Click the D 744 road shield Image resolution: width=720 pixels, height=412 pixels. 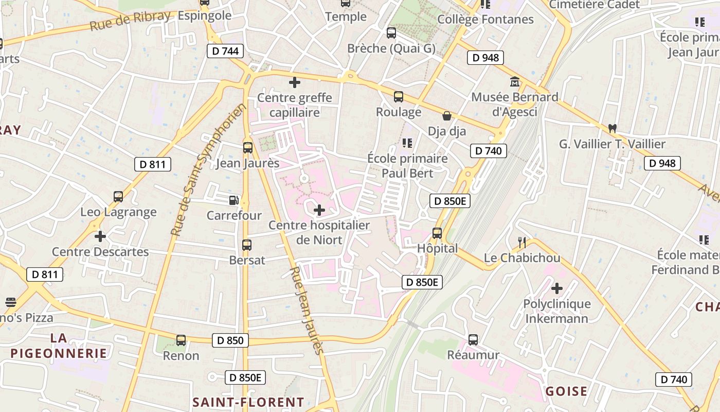[225, 51]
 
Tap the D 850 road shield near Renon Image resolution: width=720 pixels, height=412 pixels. [230, 340]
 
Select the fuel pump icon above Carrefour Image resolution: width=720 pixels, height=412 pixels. [234, 200]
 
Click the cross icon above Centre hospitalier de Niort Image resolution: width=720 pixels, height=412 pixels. [319, 210]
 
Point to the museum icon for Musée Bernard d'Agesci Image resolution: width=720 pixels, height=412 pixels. [514, 82]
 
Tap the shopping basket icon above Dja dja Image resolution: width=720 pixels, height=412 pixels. [447, 116]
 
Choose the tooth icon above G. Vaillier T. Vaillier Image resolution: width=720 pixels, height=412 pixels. [612, 128]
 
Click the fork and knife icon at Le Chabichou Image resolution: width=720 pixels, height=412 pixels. [521, 242]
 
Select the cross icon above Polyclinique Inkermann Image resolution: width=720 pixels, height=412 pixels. [556, 288]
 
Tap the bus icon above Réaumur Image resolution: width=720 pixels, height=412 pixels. [473, 340]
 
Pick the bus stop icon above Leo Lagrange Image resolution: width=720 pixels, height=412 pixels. [118, 197]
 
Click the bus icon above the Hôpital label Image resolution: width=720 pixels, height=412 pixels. [437, 233]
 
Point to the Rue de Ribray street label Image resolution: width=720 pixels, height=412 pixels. [130, 20]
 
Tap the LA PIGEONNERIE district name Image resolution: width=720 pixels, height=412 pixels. [59, 346]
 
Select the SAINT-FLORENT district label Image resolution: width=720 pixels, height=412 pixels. [248, 402]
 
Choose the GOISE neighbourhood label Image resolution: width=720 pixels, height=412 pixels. [566, 391]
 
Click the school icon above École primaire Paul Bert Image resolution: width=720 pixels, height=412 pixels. [407, 143]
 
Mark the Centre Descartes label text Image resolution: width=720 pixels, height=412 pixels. [100, 252]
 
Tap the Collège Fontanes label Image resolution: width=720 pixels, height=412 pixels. [485, 20]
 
